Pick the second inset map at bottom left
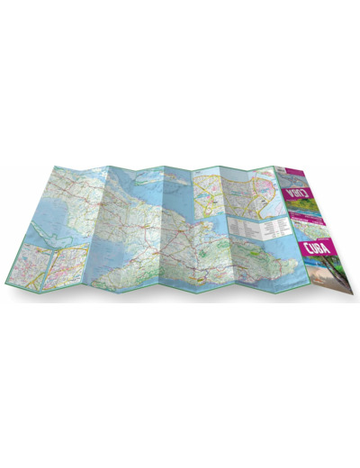click(68, 269)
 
